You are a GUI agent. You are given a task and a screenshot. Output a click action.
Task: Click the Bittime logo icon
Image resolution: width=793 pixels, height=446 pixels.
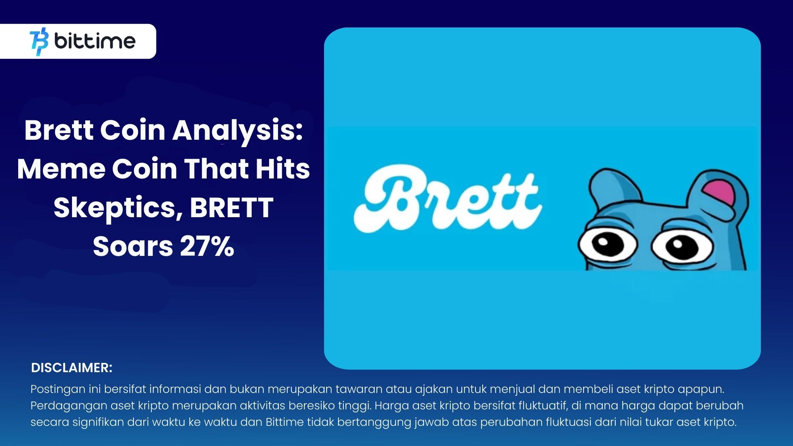(39, 41)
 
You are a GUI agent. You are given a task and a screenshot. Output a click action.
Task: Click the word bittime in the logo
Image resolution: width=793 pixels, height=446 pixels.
(95, 41)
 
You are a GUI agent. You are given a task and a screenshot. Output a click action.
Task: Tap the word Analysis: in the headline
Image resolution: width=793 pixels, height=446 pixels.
(237, 130)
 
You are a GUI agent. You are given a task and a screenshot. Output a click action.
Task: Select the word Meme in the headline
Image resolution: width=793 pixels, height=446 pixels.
(61, 169)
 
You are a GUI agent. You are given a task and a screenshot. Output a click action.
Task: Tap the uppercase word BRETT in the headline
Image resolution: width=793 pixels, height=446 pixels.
(232, 208)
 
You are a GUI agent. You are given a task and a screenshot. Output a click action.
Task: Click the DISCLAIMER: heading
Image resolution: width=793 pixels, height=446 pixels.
(72, 368)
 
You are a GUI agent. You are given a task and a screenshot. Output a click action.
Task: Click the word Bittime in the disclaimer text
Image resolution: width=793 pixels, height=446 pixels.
(285, 422)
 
